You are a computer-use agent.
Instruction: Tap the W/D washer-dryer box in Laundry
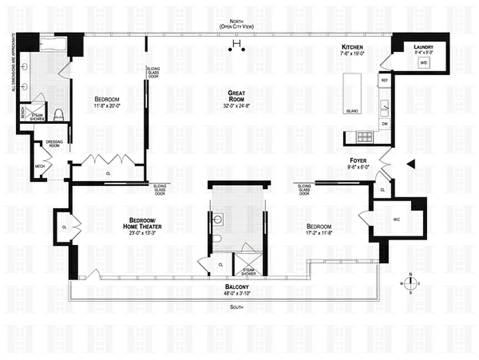[x=424, y=63]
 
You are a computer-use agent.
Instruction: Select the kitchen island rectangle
[x=352, y=93]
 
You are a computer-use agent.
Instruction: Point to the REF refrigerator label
[x=384, y=80]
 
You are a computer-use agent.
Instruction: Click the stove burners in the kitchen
[x=364, y=136]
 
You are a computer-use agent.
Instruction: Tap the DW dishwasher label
[x=384, y=123]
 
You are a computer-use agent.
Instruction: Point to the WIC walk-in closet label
[x=396, y=219]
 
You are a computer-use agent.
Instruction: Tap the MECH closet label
[x=39, y=166]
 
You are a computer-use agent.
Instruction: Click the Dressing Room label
[x=54, y=144]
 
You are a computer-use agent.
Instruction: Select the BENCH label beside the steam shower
[x=23, y=113]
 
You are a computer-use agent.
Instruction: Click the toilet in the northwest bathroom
[x=59, y=116]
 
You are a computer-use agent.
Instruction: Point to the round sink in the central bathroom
[x=218, y=220]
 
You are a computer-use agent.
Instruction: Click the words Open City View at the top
[x=236, y=27]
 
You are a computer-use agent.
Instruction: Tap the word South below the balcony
[x=236, y=307]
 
